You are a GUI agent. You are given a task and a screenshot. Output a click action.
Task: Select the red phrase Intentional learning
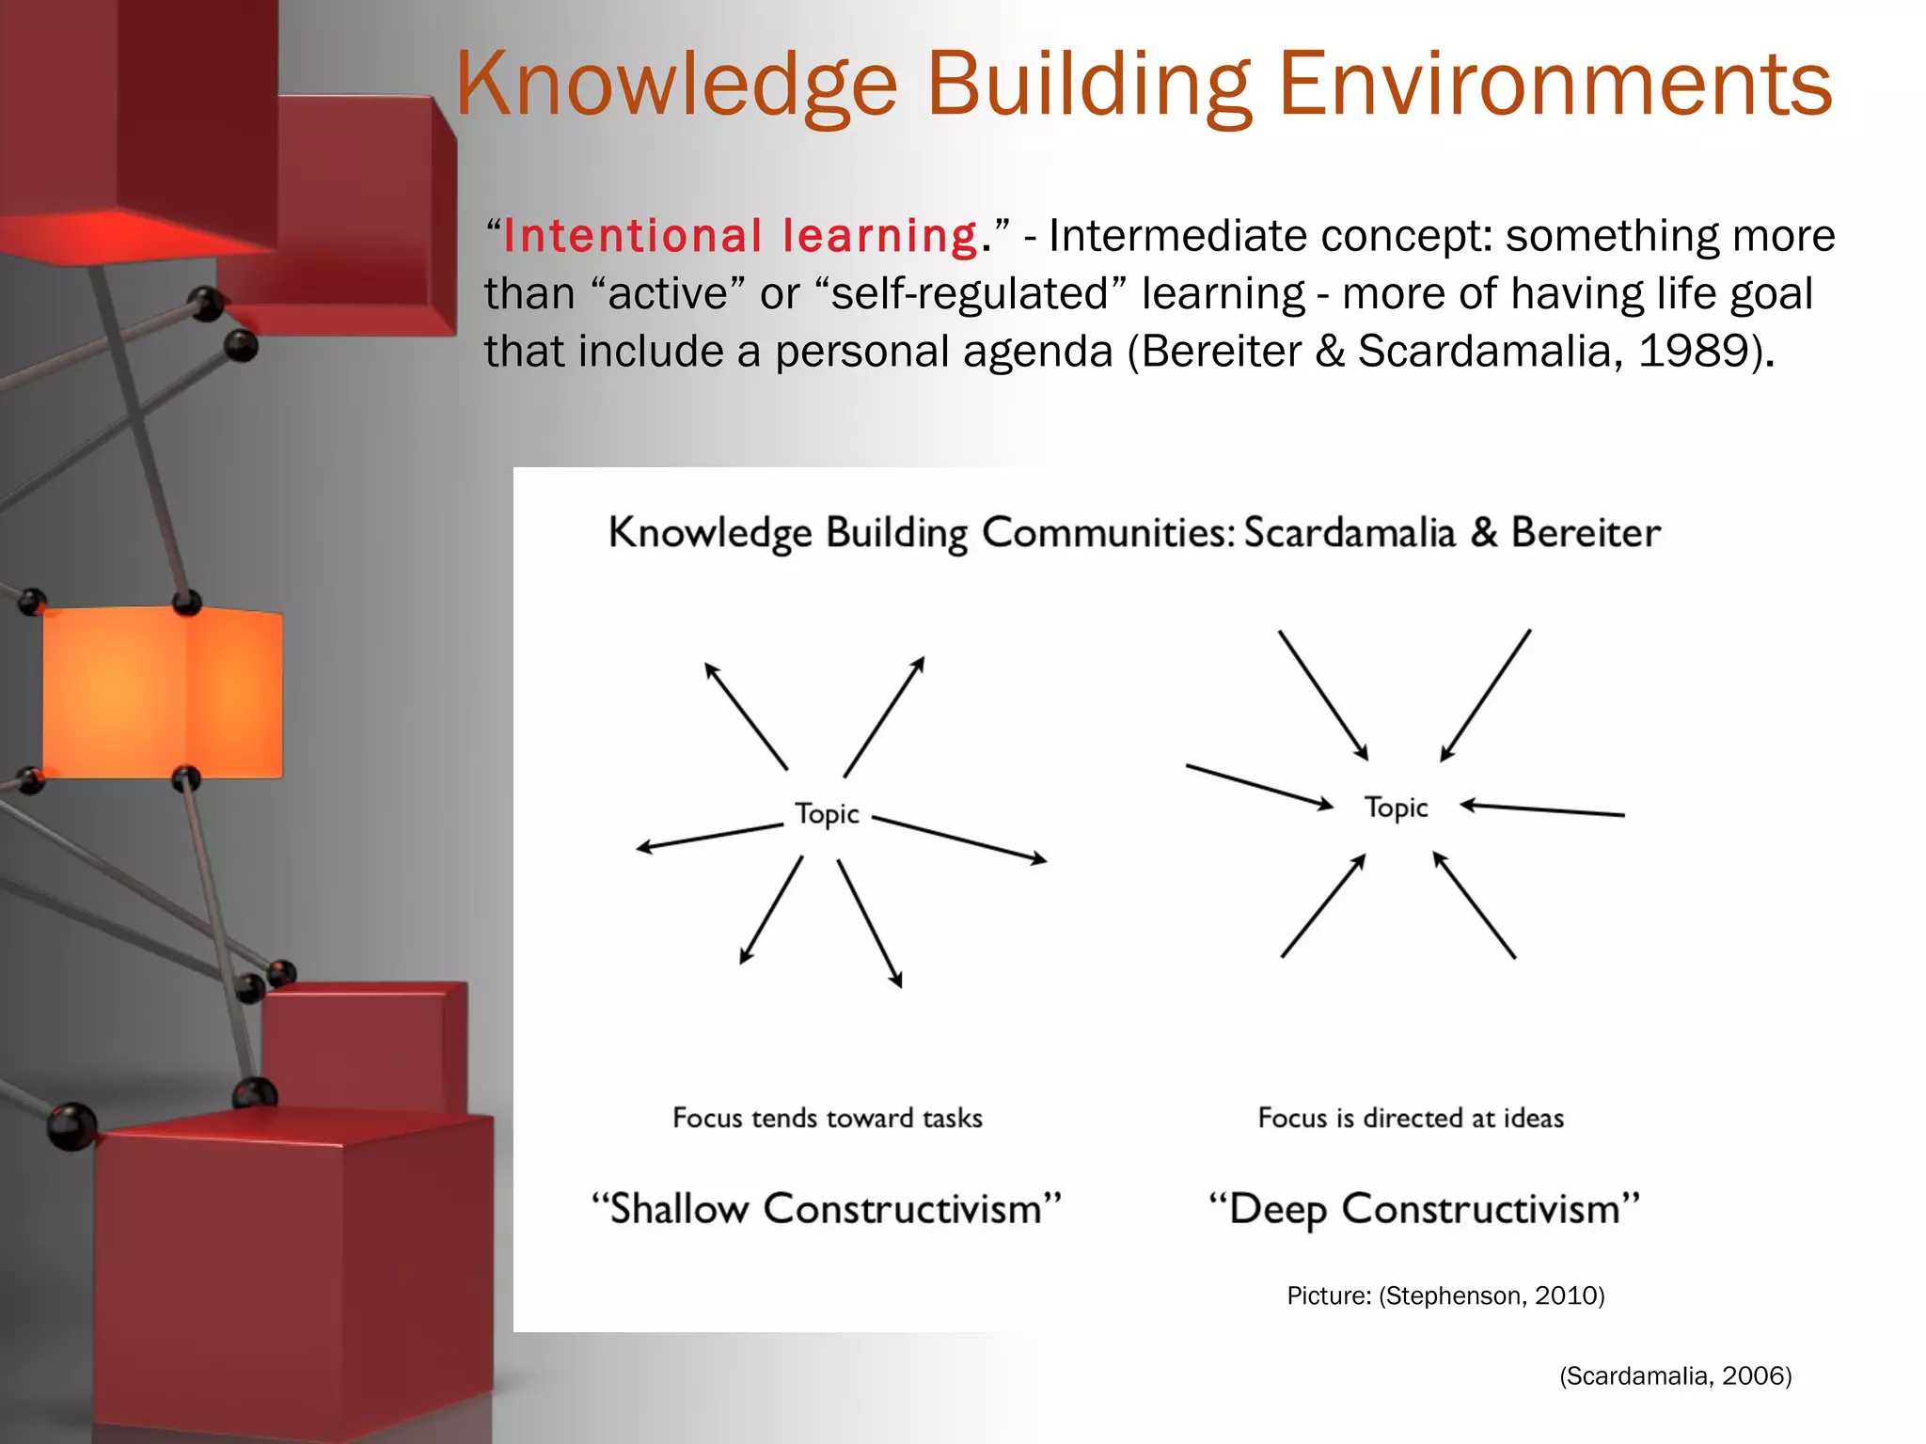click(740, 235)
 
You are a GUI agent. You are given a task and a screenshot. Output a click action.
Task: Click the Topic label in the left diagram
click(827, 813)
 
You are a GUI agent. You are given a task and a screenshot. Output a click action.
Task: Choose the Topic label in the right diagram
click(1396, 808)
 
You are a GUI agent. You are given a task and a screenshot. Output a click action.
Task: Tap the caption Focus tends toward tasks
click(827, 1118)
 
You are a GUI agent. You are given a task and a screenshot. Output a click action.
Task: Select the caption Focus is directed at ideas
click(1411, 1118)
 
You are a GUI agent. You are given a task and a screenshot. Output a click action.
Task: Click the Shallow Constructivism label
click(827, 1209)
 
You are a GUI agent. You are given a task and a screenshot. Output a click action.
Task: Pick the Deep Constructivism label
click(1424, 1209)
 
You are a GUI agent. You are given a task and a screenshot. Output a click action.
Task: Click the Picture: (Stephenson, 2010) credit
click(1445, 1295)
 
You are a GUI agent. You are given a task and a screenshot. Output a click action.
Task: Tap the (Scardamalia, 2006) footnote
click(1675, 1376)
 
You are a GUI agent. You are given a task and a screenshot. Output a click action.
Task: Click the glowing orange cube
click(162, 691)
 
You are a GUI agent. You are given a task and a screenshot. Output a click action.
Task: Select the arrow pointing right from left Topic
click(959, 839)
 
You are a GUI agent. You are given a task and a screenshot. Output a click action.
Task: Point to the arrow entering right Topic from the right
click(1542, 809)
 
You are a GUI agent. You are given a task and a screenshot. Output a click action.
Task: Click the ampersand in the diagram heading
click(1483, 532)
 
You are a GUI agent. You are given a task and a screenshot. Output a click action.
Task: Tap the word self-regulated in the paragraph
click(970, 293)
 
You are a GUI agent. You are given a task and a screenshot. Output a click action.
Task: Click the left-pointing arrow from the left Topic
click(710, 836)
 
